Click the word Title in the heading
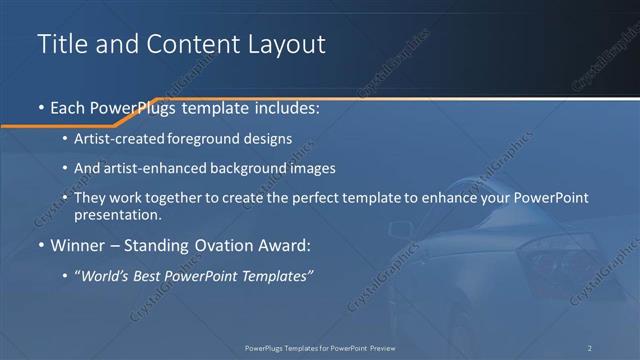pyautogui.click(x=60, y=45)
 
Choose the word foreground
pyautogui.click(x=209, y=138)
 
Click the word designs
pyautogui.click(x=270, y=138)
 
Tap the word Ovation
pyautogui.click(x=219, y=244)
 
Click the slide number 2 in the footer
pyautogui.click(x=589, y=347)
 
